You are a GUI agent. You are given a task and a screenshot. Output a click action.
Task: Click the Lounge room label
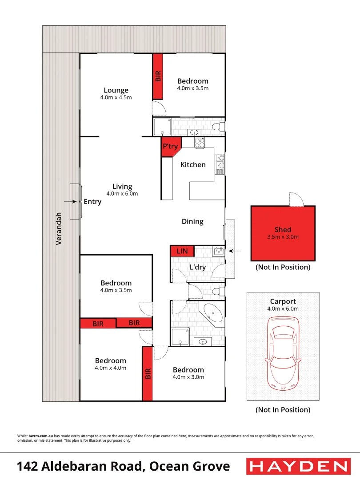116,90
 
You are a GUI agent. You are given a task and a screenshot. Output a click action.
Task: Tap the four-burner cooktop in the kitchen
199,143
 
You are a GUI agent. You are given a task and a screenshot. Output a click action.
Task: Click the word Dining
192,221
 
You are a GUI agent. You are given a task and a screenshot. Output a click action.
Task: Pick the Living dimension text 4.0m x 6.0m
122,194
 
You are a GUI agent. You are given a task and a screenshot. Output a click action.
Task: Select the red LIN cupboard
182,252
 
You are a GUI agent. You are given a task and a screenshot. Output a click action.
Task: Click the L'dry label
198,267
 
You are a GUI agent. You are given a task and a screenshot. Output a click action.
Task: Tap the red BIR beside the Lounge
158,76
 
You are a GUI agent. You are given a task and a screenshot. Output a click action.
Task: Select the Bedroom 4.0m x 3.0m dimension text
188,377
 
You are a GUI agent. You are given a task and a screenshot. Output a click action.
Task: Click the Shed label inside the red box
283,229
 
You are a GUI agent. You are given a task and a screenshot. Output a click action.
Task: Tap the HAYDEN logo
298,466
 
